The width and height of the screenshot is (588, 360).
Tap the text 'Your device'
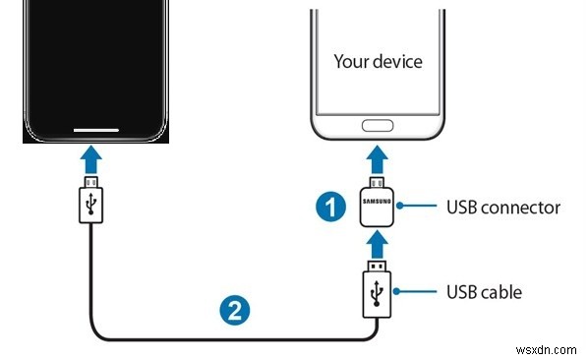click(x=378, y=61)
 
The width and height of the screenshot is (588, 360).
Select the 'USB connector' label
click(x=503, y=208)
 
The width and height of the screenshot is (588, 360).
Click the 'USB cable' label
click(x=484, y=292)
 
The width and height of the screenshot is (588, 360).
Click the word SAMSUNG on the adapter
click(x=378, y=200)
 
